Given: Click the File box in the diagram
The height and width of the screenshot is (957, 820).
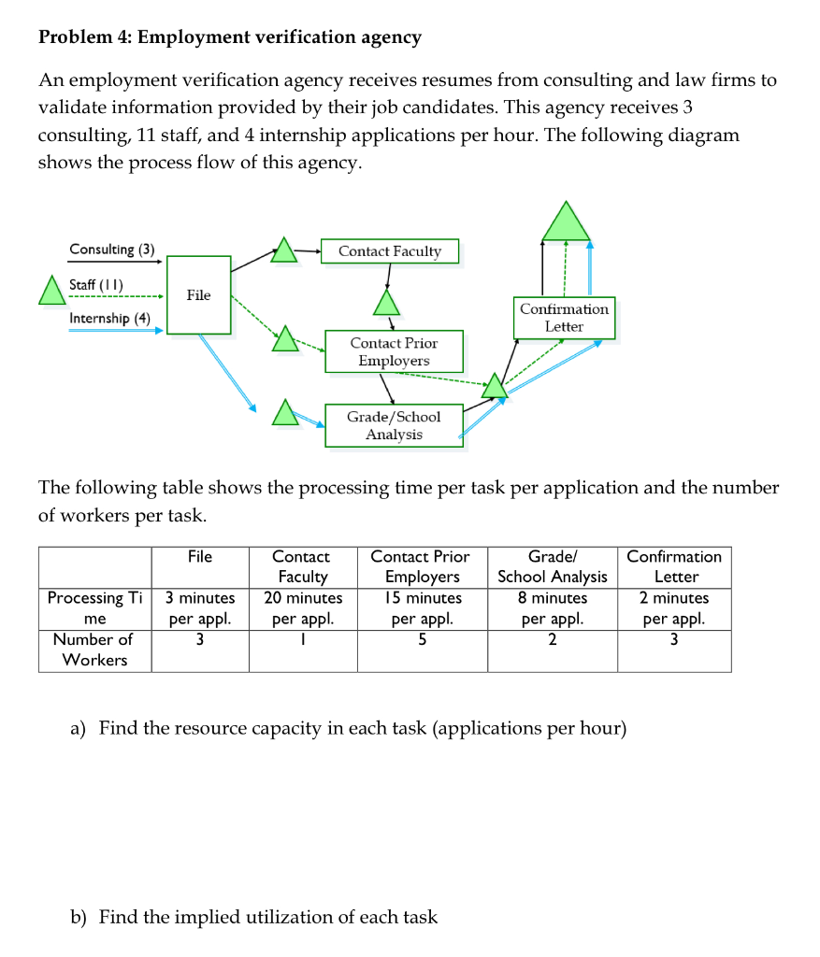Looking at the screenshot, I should [x=199, y=295].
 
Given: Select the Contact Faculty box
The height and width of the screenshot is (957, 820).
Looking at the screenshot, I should [x=390, y=251].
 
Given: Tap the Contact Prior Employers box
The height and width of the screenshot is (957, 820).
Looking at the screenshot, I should [x=394, y=351].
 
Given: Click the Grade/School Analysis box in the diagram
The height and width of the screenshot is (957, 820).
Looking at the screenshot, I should [x=394, y=425].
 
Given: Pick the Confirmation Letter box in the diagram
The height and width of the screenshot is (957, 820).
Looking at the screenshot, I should [x=564, y=318].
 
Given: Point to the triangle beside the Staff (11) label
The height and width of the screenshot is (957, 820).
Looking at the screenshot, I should [x=51, y=291].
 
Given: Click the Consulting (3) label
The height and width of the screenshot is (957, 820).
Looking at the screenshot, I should [x=112, y=250].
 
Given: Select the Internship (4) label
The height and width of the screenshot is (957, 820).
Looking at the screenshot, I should [x=110, y=318].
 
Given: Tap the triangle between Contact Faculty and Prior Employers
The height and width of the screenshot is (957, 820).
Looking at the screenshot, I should [x=386, y=303].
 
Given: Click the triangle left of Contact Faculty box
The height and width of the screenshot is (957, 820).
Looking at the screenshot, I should [x=284, y=250].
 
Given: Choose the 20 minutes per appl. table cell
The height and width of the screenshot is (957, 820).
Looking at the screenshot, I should [x=303, y=607].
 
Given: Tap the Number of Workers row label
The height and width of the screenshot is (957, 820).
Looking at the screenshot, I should [x=94, y=650].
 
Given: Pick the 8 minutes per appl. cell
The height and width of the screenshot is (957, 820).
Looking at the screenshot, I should [x=553, y=607].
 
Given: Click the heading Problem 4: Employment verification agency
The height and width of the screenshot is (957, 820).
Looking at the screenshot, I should [x=230, y=37].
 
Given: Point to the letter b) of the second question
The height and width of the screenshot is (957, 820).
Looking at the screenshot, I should [x=80, y=917].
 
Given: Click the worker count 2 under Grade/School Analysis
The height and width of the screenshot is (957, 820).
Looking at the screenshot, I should [x=553, y=640].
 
